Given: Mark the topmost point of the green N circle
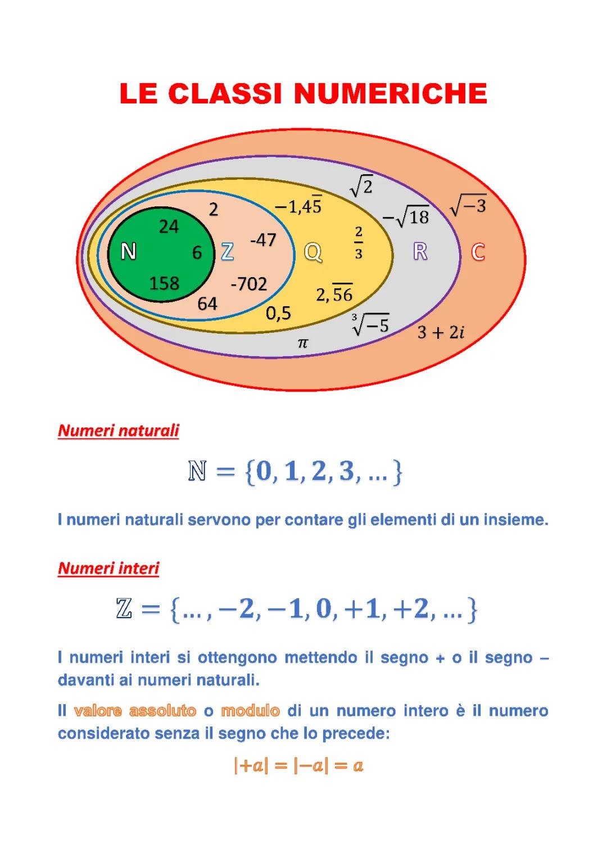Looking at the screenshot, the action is [x=161, y=207].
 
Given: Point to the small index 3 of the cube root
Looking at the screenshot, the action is [x=354, y=317].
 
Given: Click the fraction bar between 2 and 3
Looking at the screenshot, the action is [x=359, y=243].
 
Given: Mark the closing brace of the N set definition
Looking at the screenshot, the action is [x=398, y=473].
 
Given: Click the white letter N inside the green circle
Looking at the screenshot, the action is [x=128, y=252].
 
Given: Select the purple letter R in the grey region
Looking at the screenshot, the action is [x=420, y=252].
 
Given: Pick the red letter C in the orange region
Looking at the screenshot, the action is [x=478, y=252].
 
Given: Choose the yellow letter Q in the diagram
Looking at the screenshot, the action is [x=313, y=252].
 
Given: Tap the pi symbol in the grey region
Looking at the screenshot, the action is [x=303, y=343].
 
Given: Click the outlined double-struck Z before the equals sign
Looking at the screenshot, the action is [x=124, y=609].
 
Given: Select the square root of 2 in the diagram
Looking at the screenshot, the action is [x=361, y=186].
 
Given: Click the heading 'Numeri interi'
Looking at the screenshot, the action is [x=108, y=568].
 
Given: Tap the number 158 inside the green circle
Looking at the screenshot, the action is [x=164, y=283].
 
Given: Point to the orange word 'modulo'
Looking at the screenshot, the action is [x=250, y=711].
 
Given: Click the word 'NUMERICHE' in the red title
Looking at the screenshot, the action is [x=391, y=93].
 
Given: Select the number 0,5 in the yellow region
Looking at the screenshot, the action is [x=279, y=314].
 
